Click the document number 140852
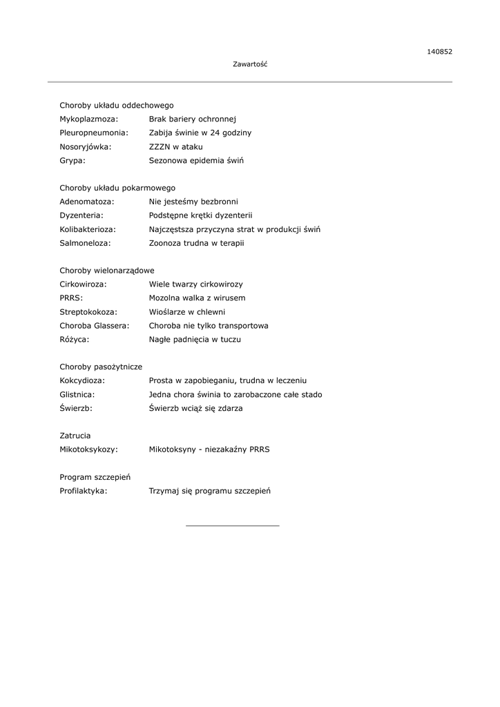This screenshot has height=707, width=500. [x=439, y=51]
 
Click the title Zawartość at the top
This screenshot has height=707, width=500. [x=250, y=64]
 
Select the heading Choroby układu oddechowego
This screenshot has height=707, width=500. [x=117, y=106]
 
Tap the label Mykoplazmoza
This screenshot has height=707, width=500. [x=89, y=119]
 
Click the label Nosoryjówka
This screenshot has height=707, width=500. [x=86, y=146]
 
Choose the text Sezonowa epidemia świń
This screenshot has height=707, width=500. [x=196, y=160]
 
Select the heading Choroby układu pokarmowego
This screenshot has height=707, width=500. [x=117, y=188]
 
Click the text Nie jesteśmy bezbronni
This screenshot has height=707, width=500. [x=193, y=202]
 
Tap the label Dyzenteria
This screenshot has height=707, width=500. [x=81, y=215]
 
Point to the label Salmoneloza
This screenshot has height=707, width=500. [x=86, y=243]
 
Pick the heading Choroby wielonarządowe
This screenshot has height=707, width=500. [x=107, y=271]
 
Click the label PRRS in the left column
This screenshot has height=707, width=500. [x=71, y=298]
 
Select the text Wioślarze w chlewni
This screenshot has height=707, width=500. [x=187, y=312]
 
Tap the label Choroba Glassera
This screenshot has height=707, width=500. [x=95, y=326]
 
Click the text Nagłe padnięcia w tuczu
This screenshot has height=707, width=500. [x=195, y=340]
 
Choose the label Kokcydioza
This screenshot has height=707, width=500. [x=83, y=380]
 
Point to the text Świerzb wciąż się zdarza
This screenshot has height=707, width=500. [x=196, y=408]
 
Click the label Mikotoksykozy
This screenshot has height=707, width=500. [x=89, y=449]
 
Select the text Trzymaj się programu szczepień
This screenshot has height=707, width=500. [x=210, y=491]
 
